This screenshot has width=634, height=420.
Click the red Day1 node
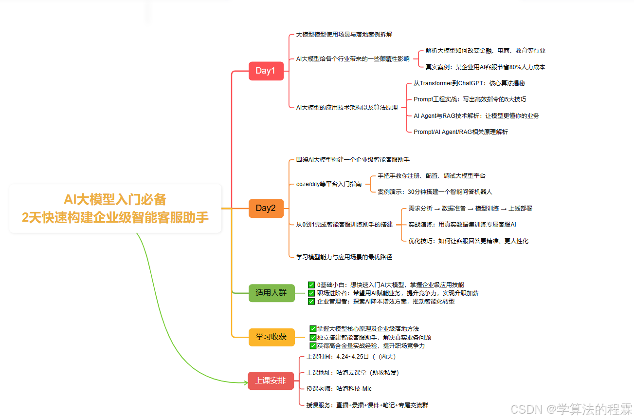266,71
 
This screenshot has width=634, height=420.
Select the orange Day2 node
266,209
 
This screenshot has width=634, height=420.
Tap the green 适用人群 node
271,293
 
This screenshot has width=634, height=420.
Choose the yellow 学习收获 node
271,337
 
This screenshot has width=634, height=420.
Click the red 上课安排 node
271,381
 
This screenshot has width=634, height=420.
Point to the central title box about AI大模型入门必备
115,208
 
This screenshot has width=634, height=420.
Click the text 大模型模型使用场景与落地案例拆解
344,35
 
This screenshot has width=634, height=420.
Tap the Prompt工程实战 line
470,99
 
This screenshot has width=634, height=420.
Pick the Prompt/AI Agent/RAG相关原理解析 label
460,132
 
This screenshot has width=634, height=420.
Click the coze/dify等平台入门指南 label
329,184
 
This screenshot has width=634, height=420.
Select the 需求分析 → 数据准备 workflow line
470,209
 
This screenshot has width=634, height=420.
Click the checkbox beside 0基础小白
311,285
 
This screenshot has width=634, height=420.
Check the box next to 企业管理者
311,302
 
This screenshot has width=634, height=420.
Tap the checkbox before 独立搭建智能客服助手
313,337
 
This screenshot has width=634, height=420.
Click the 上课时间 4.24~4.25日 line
347,357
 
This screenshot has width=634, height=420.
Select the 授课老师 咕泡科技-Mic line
339,389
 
